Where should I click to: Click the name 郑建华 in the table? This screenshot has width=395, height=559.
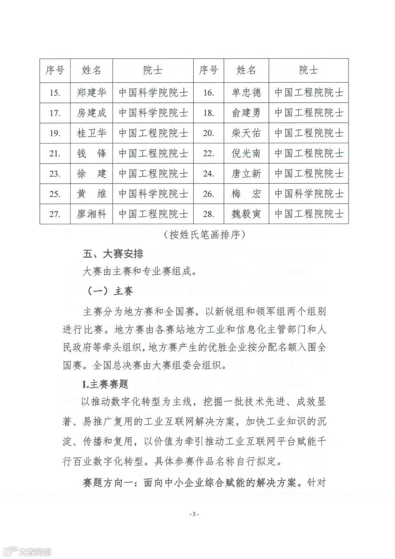click(x=91, y=93)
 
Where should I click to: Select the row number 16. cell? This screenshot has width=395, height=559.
click(x=208, y=93)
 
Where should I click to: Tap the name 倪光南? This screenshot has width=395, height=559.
click(x=246, y=153)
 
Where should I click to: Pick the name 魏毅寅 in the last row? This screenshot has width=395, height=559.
click(x=246, y=213)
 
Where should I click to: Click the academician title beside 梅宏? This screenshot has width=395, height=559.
click(x=309, y=193)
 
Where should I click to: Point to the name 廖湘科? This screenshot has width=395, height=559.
click(x=91, y=213)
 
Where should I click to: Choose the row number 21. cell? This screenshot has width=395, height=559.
click(x=55, y=153)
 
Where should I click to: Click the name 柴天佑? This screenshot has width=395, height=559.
click(x=246, y=133)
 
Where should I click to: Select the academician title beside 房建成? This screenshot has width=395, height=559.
click(x=153, y=113)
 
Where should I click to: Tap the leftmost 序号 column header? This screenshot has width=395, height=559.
click(x=55, y=70)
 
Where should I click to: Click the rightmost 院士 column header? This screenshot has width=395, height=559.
click(x=309, y=70)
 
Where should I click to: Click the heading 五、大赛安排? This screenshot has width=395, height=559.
click(x=113, y=254)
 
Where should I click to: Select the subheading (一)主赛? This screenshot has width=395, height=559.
click(x=110, y=291)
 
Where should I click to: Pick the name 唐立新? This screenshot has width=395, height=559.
click(x=246, y=173)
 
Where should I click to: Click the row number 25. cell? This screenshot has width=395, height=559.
click(x=55, y=193)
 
